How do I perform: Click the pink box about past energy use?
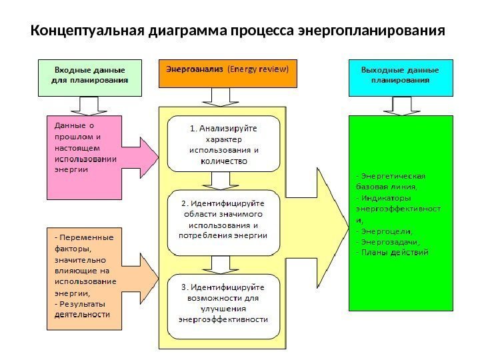point(83,157)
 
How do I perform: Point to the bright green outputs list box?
point(400,213)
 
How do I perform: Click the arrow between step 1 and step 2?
point(221,179)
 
